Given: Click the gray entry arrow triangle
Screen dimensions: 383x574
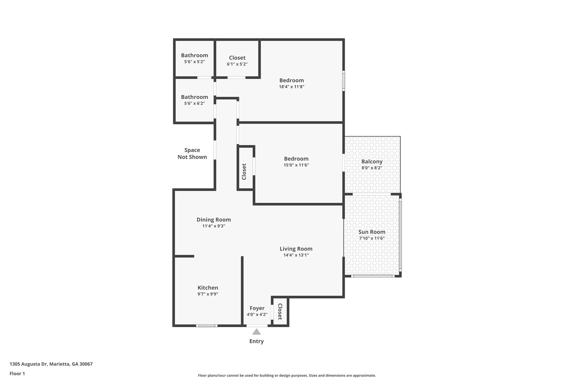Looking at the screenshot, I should click(x=256, y=332).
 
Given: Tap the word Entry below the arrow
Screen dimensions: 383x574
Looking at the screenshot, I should click(x=256, y=341).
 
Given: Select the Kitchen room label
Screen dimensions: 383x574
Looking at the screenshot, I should click(x=208, y=288).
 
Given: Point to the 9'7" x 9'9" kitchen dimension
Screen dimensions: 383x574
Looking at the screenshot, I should click(x=208, y=294).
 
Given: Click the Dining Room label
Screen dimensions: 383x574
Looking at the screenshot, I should click(x=214, y=220).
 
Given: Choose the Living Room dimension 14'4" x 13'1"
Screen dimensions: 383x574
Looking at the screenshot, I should click(x=296, y=255).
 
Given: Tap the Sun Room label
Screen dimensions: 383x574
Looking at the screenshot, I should click(x=372, y=232).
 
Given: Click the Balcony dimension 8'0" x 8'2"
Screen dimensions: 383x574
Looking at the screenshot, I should click(x=372, y=168).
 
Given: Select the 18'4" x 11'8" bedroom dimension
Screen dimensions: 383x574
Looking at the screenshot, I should click(x=291, y=87).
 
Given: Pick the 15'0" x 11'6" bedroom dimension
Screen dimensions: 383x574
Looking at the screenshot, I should click(x=296, y=165).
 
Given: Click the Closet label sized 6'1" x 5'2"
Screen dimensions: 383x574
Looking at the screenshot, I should click(x=237, y=58).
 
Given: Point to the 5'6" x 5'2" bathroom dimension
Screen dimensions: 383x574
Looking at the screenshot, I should click(x=194, y=62).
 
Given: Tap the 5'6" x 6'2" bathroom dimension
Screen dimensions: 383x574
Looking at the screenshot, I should click(x=194, y=103).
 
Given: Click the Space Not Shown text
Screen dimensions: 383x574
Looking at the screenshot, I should click(x=192, y=153).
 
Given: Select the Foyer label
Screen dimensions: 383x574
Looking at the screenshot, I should click(x=257, y=308).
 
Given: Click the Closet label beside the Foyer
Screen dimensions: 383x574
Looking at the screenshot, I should click(x=280, y=311).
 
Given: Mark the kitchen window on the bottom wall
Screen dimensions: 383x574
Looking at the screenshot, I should click(x=207, y=326).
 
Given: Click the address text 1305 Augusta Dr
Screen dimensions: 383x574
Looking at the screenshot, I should click(x=51, y=364).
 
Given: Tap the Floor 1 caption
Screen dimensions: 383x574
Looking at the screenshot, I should click(x=17, y=374).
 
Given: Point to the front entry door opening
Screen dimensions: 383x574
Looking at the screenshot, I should click(x=257, y=326).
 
